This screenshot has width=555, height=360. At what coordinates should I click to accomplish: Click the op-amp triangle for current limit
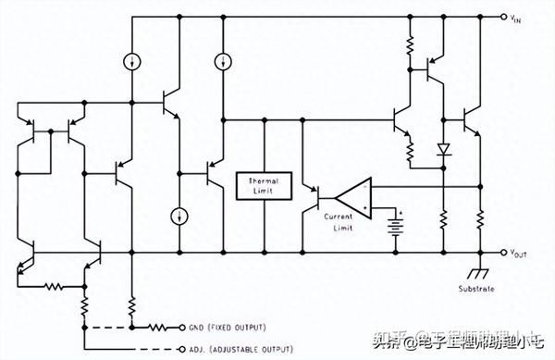pyautogui.click(x=352, y=195)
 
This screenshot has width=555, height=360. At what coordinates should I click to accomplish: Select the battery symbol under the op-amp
pyautogui.click(x=399, y=224)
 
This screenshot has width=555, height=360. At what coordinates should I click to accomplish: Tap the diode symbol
pyautogui.click(x=442, y=148)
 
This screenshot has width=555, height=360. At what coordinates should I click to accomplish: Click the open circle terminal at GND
pyautogui.click(x=180, y=327)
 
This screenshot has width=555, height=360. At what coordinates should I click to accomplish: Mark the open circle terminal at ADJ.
pyautogui.click(x=180, y=349)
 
